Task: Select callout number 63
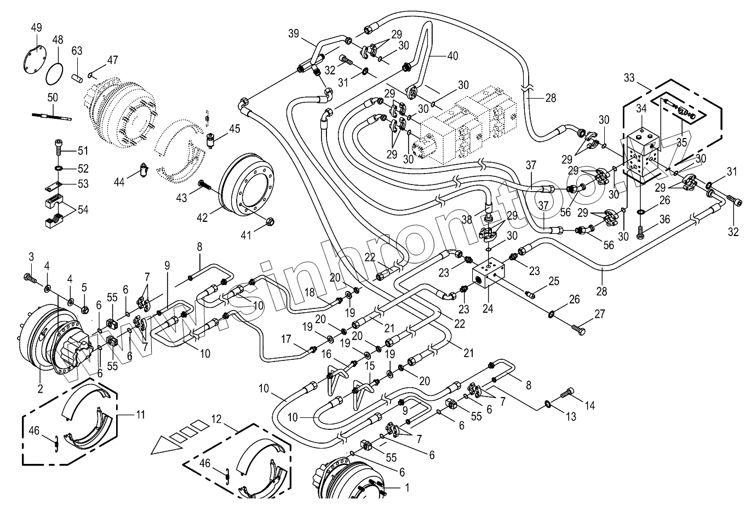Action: tap(77, 51)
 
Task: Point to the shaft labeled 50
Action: tap(53, 116)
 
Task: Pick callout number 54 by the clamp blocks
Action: tap(83, 210)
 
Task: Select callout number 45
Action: tap(234, 129)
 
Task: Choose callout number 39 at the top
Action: tap(294, 33)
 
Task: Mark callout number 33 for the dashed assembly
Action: tap(629, 78)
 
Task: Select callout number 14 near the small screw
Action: tap(590, 406)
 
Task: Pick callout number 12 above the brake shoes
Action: tap(216, 419)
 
